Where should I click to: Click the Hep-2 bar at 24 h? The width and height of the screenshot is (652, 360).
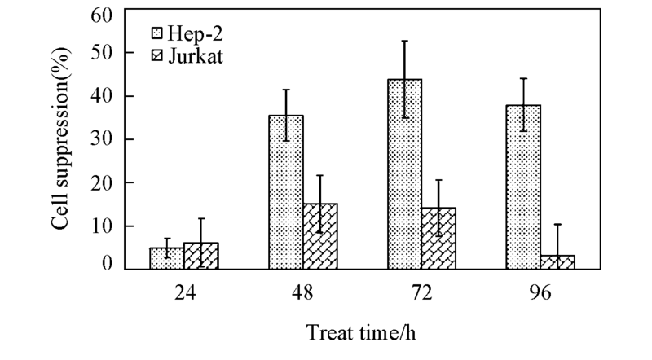(x=166, y=258)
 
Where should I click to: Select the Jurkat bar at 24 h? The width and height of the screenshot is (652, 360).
(x=200, y=256)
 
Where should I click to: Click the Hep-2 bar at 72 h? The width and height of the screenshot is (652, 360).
(x=404, y=174)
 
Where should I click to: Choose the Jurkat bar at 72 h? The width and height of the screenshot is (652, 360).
(x=438, y=239)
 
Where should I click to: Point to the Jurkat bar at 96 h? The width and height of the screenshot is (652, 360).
(x=557, y=262)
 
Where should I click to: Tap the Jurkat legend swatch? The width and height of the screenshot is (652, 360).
(x=159, y=57)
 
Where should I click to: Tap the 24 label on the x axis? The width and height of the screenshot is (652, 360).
(x=184, y=292)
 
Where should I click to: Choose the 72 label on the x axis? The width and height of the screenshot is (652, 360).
(x=421, y=292)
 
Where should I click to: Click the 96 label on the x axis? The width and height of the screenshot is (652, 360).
(x=540, y=292)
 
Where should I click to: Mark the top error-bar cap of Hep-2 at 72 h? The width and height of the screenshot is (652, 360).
(x=404, y=41)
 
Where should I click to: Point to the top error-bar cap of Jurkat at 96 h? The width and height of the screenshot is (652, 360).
(x=557, y=224)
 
